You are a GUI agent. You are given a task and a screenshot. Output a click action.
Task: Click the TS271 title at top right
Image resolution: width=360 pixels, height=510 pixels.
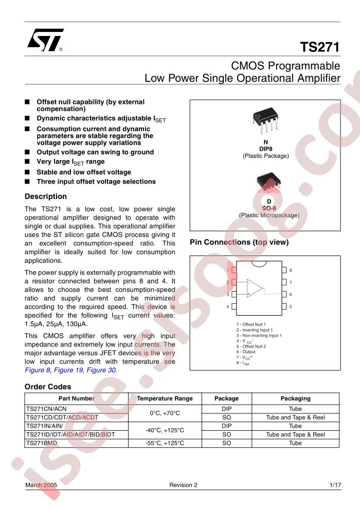(319, 48)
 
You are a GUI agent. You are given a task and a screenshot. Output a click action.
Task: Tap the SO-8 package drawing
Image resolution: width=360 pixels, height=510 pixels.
(268, 183)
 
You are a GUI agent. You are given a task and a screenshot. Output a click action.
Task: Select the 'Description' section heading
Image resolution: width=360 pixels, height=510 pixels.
(46, 196)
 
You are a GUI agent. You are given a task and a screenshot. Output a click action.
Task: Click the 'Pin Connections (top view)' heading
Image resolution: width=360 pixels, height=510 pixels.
(239, 242)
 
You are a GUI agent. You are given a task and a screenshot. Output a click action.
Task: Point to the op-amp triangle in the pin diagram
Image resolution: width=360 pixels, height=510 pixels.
(254, 288)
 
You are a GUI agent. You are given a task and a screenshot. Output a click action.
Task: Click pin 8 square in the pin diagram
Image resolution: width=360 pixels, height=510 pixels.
(283, 270)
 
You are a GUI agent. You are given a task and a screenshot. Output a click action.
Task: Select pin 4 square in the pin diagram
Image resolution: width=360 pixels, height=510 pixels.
(235, 306)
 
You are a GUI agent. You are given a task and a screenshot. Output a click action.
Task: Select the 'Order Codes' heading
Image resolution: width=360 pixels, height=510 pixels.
(48, 387)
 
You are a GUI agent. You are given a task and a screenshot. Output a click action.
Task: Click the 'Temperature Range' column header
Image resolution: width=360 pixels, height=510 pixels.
(165, 398)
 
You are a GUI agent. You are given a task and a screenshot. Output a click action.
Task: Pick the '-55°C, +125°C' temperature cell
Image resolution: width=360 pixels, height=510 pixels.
(165, 443)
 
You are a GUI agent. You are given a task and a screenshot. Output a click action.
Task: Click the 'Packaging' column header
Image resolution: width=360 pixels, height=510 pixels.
(295, 398)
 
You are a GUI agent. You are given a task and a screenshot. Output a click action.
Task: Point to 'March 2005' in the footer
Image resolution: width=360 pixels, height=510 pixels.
(40, 485)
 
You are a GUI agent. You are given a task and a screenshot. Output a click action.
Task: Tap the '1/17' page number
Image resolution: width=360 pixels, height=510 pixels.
(334, 485)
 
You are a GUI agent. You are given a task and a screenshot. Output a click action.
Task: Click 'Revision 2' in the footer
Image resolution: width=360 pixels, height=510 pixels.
(183, 485)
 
